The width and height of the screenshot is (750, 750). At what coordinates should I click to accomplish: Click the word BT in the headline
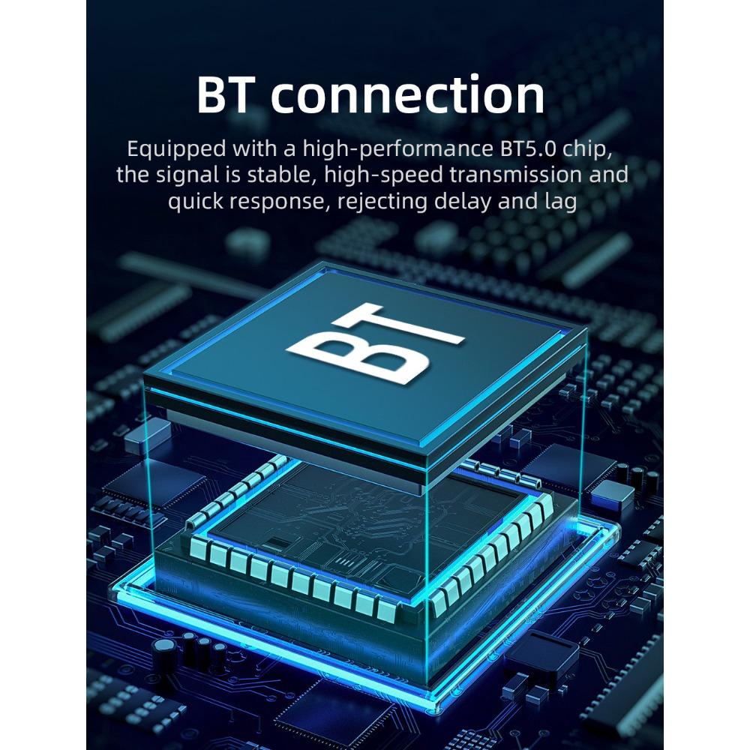point(223,94)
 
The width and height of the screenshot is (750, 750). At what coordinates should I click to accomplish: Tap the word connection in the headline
point(408,94)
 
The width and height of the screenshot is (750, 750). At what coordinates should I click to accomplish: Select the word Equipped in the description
point(176,150)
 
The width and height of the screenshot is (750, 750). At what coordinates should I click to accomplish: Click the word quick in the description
point(195,201)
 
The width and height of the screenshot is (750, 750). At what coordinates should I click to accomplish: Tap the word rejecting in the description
point(382,201)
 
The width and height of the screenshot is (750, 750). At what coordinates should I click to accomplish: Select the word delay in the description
point(463,201)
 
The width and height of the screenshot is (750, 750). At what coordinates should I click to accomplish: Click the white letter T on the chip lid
point(400,325)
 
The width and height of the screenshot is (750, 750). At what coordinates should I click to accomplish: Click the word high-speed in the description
point(384,175)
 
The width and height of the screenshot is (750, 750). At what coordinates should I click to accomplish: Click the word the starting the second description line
point(134,175)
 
